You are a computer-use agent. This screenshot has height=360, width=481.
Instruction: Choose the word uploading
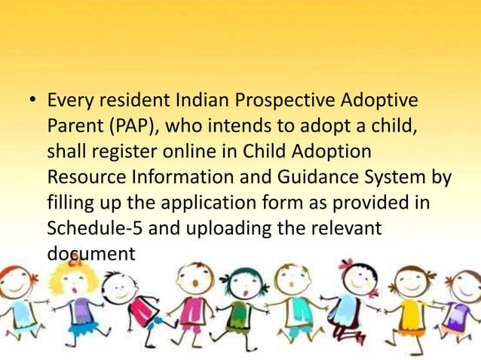pyautogui.click(x=225, y=228)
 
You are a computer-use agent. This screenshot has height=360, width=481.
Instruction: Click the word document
pyautogui.click(x=91, y=254)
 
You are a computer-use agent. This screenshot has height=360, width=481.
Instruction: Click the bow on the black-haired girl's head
pyautogui.click(x=346, y=264)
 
